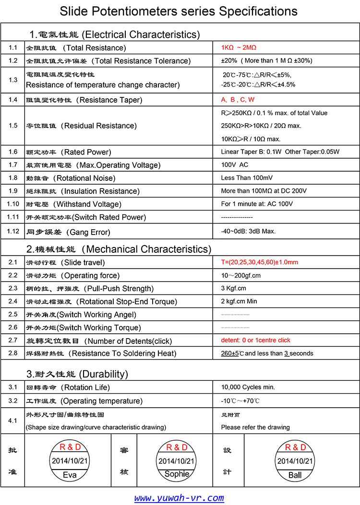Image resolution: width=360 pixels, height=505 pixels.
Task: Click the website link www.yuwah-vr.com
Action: click(179, 498)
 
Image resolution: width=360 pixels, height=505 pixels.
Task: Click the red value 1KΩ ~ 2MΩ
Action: click(239, 48)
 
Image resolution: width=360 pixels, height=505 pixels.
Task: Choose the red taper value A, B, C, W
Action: click(238, 100)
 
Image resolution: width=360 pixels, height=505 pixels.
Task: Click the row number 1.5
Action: click(13, 126)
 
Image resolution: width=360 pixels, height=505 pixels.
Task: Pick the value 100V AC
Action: click(235, 165)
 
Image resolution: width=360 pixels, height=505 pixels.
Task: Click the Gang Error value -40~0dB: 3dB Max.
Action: click(248, 231)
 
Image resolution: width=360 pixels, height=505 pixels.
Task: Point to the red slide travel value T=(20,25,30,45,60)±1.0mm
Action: click(260, 262)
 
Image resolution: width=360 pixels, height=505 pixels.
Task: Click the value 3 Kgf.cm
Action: click(233, 288)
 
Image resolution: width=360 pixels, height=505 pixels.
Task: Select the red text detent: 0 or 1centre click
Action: click(255, 340)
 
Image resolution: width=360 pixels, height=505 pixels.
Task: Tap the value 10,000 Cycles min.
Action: click(248, 387)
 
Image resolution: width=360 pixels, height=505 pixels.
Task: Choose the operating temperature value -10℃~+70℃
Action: click(240, 400)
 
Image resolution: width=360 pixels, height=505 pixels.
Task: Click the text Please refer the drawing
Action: click(255, 427)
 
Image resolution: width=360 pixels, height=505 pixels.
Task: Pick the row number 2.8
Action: click(13, 353)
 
